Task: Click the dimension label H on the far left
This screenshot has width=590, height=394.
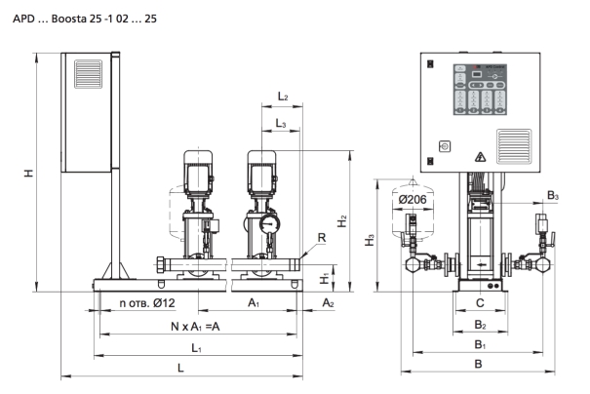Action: (x=29, y=171)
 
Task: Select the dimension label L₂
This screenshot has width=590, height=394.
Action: (x=281, y=98)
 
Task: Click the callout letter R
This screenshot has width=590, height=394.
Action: (x=321, y=237)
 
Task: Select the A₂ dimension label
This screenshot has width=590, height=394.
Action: (x=328, y=303)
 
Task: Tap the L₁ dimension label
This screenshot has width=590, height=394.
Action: (x=196, y=347)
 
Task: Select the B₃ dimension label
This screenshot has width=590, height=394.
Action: (x=552, y=196)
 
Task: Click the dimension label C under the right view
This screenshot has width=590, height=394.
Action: (x=478, y=303)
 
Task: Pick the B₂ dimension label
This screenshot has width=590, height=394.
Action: (x=479, y=324)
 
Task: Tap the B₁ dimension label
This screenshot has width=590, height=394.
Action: (x=479, y=344)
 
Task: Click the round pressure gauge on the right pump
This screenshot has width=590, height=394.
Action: (x=267, y=222)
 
